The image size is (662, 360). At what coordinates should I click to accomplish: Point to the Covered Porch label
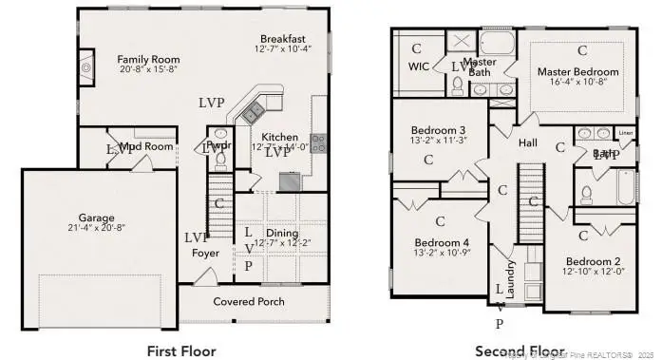tap(248, 301)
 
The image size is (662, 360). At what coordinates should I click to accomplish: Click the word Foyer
tap(205, 254)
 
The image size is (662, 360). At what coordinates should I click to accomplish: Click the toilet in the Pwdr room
tap(219, 134)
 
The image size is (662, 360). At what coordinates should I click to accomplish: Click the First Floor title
tap(181, 351)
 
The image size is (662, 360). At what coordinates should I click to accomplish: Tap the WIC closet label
tap(419, 66)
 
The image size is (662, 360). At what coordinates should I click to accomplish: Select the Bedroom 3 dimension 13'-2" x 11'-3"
tap(438, 142)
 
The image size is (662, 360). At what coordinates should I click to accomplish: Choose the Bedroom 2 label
tap(594, 261)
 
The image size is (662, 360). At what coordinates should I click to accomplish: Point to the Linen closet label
tap(625, 133)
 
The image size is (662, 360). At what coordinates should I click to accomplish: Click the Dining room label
tap(282, 234)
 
